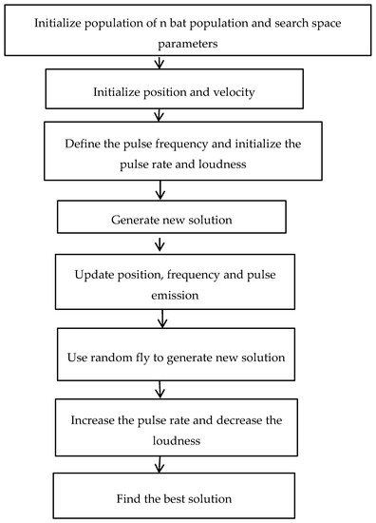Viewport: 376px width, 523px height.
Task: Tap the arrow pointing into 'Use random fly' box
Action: click(186, 320)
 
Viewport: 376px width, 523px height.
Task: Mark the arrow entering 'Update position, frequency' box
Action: click(186, 242)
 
